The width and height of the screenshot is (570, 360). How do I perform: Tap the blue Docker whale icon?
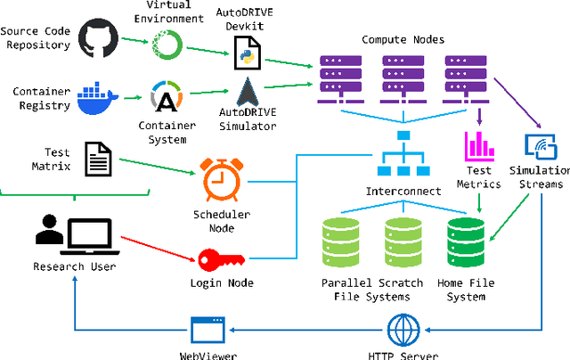click(97, 98)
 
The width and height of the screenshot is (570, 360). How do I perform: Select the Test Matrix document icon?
click(99, 160)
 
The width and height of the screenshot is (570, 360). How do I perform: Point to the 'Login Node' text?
click(223, 283)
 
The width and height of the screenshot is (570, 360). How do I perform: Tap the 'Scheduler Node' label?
click(223, 220)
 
